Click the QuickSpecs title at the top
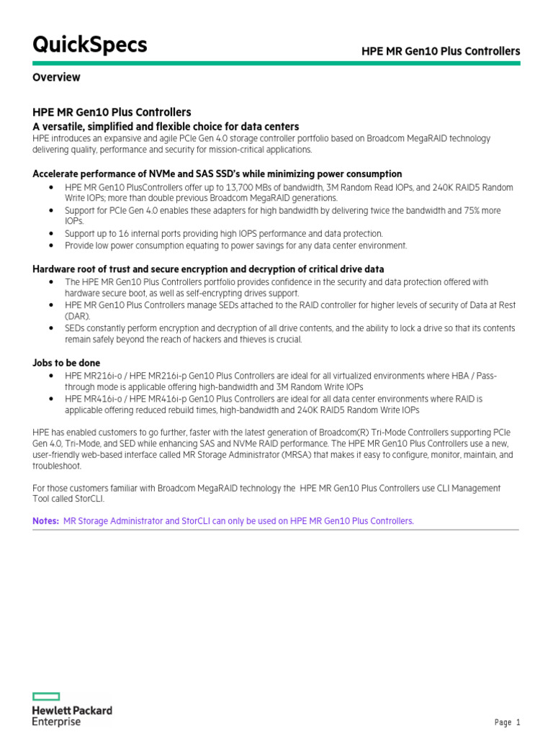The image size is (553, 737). (x=90, y=45)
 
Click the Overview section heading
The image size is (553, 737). (x=57, y=77)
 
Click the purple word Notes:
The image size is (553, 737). (x=46, y=520)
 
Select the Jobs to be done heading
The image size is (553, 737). (x=67, y=363)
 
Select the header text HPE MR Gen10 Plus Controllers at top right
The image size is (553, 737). (x=440, y=51)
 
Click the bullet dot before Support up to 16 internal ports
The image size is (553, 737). (x=52, y=234)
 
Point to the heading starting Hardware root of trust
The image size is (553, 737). (x=209, y=269)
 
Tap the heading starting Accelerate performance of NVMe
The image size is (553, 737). (x=217, y=174)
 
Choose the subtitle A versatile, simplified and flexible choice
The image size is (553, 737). (x=166, y=126)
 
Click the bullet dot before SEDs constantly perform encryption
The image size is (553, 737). (x=52, y=328)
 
